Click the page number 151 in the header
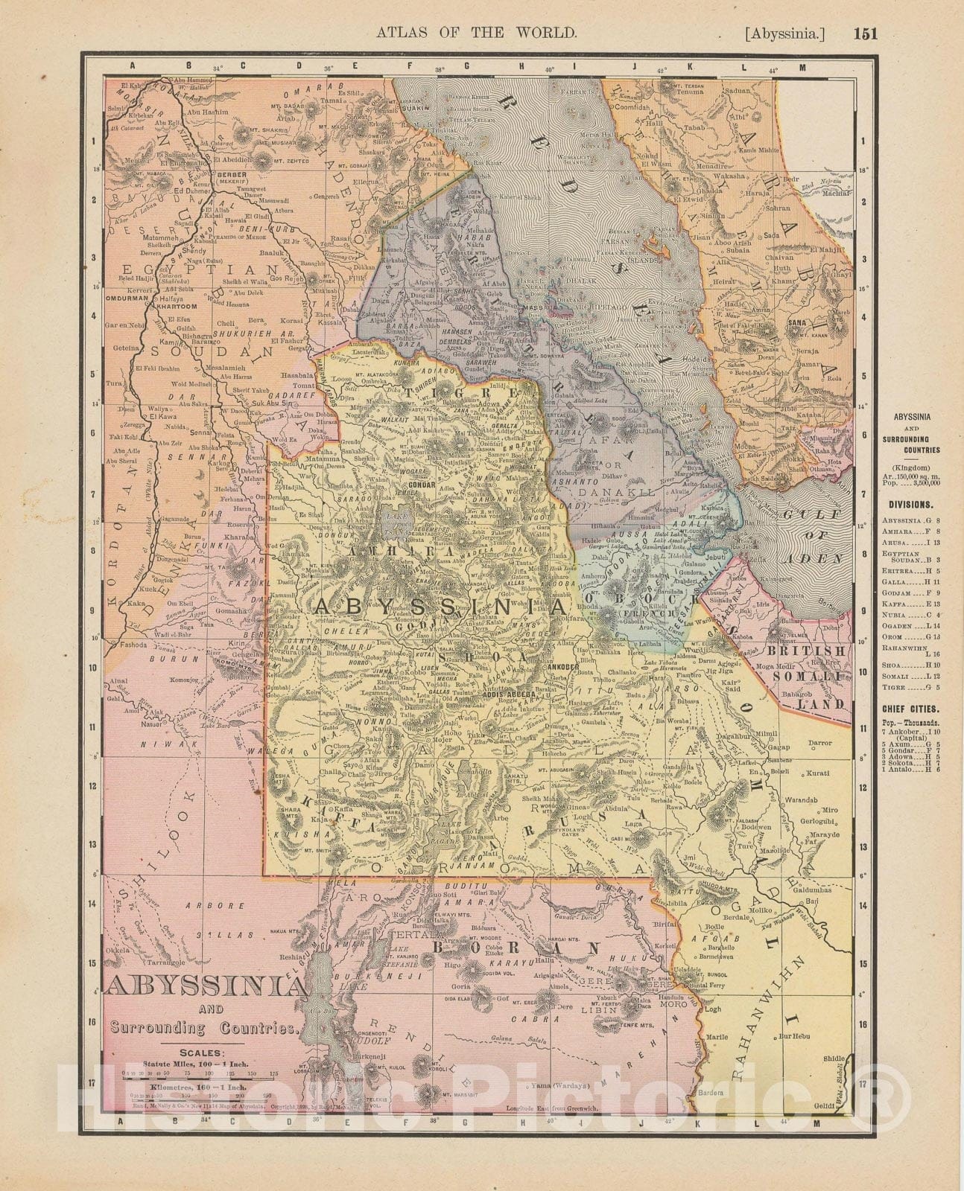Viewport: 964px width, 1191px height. [x=866, y=33]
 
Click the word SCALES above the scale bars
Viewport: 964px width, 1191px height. [x=199, y=1053]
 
